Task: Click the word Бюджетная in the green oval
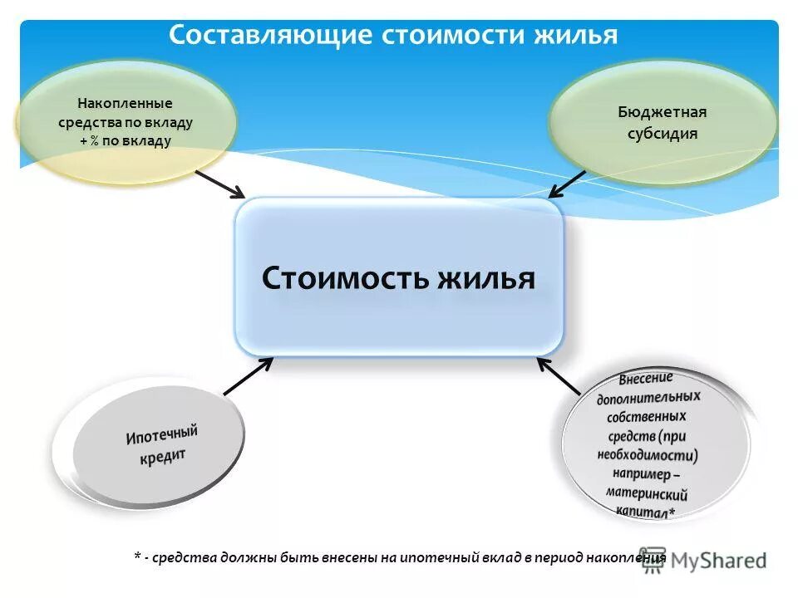click(x=662, y=112)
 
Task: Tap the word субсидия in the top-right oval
click(x=662, y=134)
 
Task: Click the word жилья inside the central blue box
click(x=486, y=278)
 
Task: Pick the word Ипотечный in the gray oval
click(x=163, y=434)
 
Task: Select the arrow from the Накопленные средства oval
click(x=220, y=184)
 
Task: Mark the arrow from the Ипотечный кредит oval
click(x=248, y=375)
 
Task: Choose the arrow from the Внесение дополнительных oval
click(x=559, y=375)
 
